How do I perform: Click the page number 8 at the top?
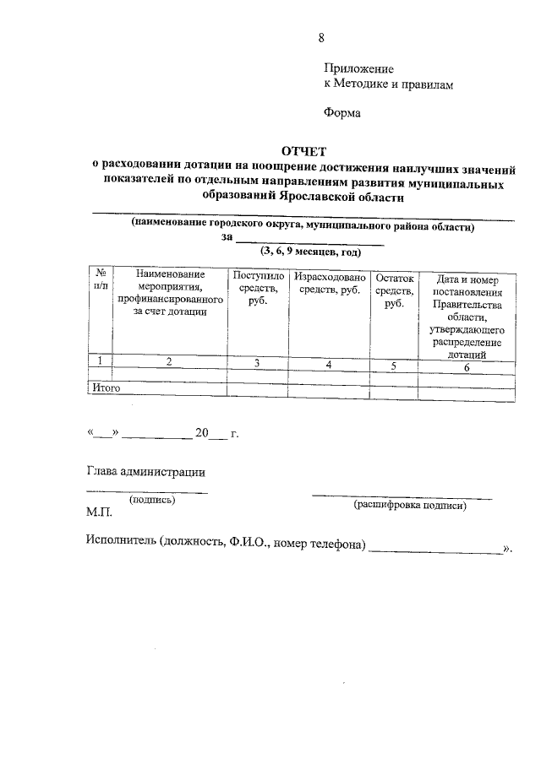click(x=321, y=37)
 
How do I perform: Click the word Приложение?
click(x=359, y=68)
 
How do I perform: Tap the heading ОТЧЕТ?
click(x=303, y=151)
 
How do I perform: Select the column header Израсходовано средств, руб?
click(x=329, y=284)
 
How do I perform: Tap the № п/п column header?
click(x=100, y=282)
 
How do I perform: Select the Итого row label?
click(x=106, y=388)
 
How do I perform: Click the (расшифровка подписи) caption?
click(x=410, y=505)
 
